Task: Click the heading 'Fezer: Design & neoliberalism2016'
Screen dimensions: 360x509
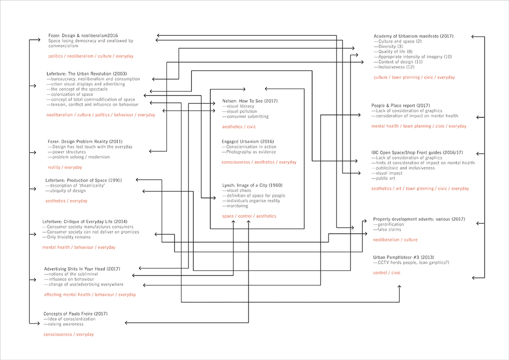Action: pos(83,35)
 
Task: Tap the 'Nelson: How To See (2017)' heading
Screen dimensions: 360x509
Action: pos(250,101)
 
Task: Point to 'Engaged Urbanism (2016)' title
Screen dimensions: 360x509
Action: pos(248,142)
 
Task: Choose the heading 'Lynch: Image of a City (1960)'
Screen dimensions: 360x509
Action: pos(252,185)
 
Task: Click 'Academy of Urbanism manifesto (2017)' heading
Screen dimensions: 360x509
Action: pos(414,36)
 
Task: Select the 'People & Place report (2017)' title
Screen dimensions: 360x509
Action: pos(401,105)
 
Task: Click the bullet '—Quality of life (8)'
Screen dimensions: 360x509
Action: pos(393,52)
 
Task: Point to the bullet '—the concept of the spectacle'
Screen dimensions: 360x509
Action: pos(77,89)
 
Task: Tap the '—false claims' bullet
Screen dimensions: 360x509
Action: pos(389,230)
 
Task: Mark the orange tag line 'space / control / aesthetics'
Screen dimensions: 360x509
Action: pos(249,216)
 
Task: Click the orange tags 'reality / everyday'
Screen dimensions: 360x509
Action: pos(65,168)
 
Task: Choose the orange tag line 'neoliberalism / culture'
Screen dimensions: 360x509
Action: pos(396,240)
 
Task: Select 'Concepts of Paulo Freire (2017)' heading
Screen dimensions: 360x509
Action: pos(76,314)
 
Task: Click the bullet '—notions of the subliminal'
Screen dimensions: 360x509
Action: pos(71,274)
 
